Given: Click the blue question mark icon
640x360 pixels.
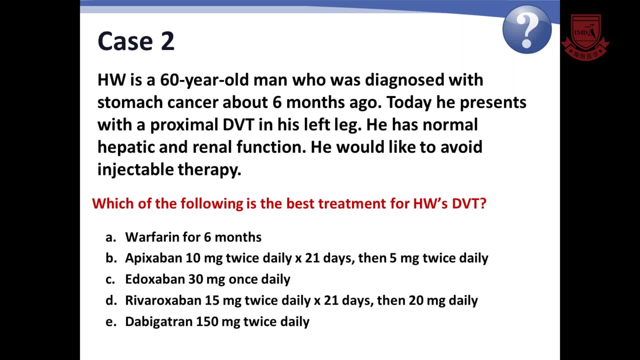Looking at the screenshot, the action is pos(527,29).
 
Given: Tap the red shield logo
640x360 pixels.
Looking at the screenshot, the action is pos(586,37).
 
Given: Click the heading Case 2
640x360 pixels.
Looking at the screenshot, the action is pos(136,41).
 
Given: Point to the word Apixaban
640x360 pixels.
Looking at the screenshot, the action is pos(153,258).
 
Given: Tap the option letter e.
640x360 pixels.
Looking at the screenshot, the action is pos(111,322).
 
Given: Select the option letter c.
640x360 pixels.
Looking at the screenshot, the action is pos(110,280).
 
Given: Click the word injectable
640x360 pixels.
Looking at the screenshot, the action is pos(135,170).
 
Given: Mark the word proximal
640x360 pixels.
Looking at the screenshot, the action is pos(184,125).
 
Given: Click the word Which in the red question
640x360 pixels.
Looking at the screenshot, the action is pos(112,203).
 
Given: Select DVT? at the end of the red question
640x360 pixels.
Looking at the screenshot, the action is pos(469,203).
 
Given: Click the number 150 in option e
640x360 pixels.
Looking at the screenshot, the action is pos(207,322).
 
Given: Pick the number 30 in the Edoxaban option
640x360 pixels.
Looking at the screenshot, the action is pos(196,279).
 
